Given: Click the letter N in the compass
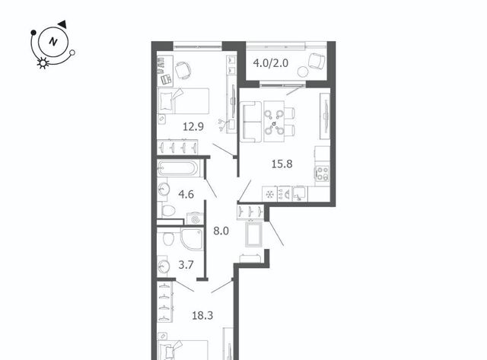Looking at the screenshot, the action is pyautogui.click(x=53, y=42).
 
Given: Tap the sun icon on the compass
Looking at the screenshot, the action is pyautogui.click(x=43, y=63).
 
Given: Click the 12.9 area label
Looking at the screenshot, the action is pyautogui.click(x=193, y=127).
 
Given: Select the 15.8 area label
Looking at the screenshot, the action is pyautogui.click(x=282, y=164).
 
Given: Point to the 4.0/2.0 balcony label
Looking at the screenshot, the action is pyautogui.click(x=271, y=63).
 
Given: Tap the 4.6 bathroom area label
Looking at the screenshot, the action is pyautogui.click(x=186, y=194).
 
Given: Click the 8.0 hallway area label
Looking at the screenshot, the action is pyautogui.click(x=221, y=231).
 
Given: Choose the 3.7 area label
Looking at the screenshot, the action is pyautogui.click(x=186, y=265).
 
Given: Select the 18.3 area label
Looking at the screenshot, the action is pyautogui.click(x=202, y=316).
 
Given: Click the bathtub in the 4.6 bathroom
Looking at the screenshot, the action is pyautogui.click(x=177, y=169).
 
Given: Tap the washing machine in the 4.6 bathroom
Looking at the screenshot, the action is pyautogui.click(x=195, y=219).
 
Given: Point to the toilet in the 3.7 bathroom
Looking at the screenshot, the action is pyautogui.click(x=169, y=237).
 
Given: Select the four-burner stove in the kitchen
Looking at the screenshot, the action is pyautogui.click(x=322, y=174).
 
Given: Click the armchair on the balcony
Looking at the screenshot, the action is pyautogui.click(x=317, y=61).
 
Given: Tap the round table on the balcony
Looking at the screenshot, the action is pyautogui.click(x=302, y=72).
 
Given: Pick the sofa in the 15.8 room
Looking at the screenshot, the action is pyautogui.click(x=250, y=122).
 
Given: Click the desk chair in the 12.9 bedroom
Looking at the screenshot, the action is pyautogui.click(x=183, y=70).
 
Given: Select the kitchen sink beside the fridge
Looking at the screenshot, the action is pyautogui.click(x=300, y=194).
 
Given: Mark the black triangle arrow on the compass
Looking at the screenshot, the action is pyautogui.click(x=62, y=24).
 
